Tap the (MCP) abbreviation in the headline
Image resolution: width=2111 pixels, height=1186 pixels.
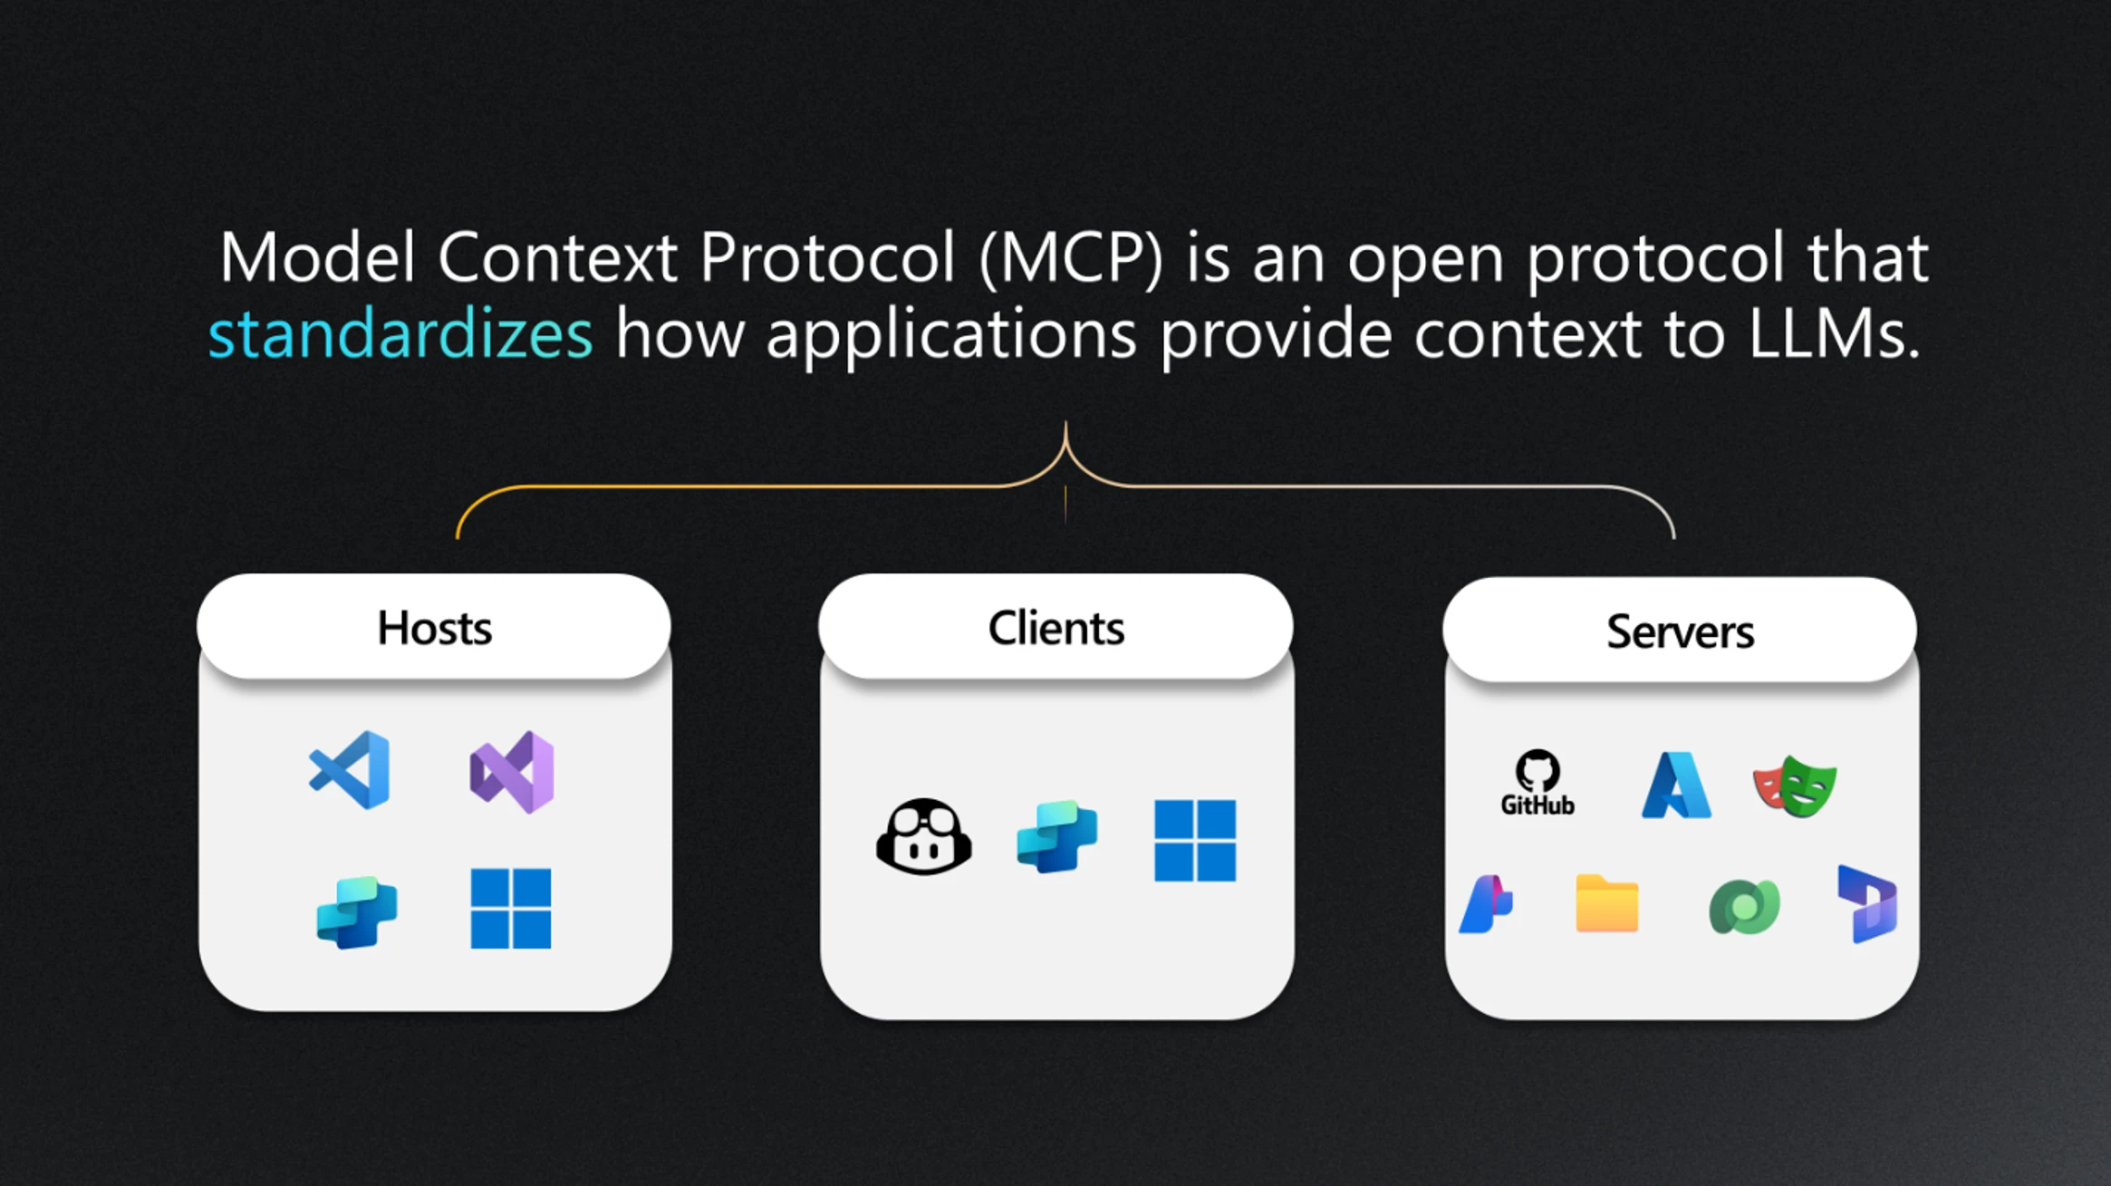click(x=1071, y=259)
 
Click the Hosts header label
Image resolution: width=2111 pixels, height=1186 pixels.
click(x=434, y=628)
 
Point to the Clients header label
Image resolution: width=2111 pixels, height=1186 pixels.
click(x=1055, y=628)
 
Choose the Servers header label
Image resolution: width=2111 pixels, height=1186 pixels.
click(x=1680, y=632)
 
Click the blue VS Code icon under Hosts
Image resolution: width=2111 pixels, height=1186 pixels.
click(x=350, y=770)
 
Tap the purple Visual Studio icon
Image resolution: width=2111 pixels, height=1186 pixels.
click(x=512, y=772)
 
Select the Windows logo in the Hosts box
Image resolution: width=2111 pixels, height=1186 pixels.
click(x=511, y=908)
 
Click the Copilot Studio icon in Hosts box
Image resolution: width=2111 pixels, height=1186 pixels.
click(x=357, y=912)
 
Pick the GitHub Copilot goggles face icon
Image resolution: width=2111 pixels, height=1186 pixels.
click(x=924, y=836)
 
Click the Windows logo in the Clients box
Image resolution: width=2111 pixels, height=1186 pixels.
click(x=1195, y=841)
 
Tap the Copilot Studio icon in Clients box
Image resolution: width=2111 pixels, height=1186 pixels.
click(x=1057, y=836)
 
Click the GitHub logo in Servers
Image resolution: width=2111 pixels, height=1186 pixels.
click(x=1537, y=783)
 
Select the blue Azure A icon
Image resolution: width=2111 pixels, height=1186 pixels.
click(x=1677, y=785)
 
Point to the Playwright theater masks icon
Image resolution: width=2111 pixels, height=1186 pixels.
click(x=1795, y=786)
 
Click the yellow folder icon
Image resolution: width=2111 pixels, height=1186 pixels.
click(x=1607, y=903)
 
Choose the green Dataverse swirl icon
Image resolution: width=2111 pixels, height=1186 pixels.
click(x=1744, y=906)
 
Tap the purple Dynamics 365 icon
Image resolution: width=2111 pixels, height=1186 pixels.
click(x=1867, y=904)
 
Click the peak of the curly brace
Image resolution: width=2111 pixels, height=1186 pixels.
click(x=1065, y=422)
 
